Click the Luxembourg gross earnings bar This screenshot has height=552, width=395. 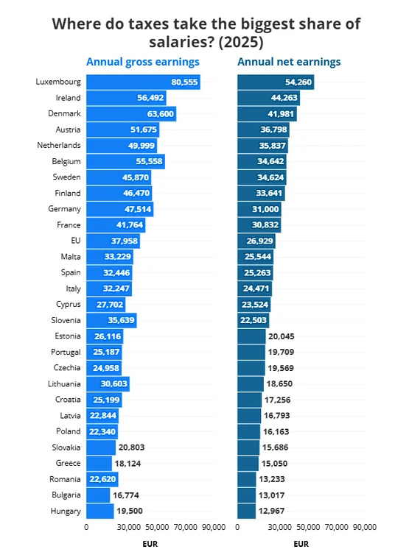point(143,82)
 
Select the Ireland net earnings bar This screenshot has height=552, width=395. point(268,98)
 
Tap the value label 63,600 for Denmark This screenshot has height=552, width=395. point(161,114)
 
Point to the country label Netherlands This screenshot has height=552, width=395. point(59,145)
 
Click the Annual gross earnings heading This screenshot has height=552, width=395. point(143,62)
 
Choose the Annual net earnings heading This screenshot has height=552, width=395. point(289,62)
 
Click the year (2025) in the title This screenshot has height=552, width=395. point(241,42)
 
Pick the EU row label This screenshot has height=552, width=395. point(76,241)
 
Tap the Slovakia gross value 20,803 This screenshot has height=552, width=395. point(131,447)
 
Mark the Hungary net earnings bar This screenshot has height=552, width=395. point(246,512)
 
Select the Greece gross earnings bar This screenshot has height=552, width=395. point(99,463)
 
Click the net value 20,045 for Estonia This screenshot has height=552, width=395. point(282,336)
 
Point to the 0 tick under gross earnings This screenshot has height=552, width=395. point(86,527)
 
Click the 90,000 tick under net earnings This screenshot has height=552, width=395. point(365,527)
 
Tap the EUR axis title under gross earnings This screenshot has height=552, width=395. point(150,544)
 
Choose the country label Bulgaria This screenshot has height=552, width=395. point(66,495)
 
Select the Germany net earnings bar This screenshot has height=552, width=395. point(259,209)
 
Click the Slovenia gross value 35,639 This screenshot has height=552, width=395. point(121,320)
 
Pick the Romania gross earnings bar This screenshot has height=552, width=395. point(102,479)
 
